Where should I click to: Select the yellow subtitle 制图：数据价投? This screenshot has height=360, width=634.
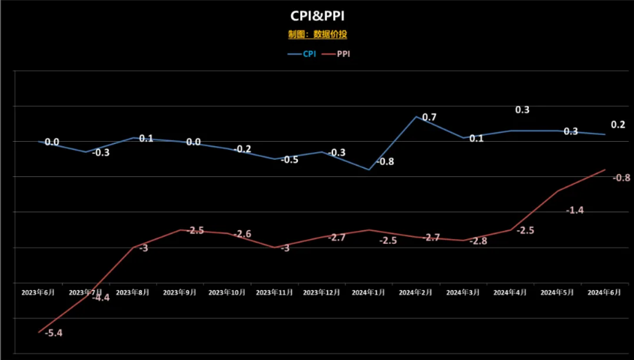coord(317,34)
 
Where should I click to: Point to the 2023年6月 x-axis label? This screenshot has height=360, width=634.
coord(39,292)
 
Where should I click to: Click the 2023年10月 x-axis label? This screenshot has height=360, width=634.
coord(228,292)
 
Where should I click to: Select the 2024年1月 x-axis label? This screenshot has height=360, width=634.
coord(369,292)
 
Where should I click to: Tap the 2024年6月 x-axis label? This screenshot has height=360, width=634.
coord(605,292)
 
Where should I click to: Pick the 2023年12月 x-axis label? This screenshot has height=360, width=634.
coord(323,292)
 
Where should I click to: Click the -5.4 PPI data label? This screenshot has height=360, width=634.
coord(53,332)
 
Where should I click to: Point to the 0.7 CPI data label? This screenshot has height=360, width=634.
coord(429,118)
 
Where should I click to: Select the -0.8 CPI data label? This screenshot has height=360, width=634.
coord(385,161)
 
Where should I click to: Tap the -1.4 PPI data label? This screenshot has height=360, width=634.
coord(575,211)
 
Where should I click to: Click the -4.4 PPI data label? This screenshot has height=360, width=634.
coord(100,298)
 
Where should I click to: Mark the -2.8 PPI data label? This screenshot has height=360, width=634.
coord(477,241)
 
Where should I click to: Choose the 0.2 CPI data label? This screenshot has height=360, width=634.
coord(618,124)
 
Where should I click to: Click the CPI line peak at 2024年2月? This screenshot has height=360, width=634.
coord(416,116)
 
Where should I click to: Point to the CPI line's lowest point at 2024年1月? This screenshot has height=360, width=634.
coord(369,169)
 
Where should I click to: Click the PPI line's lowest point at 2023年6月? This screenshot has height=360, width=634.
coord(39,331)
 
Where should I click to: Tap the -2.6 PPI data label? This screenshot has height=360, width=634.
coord(242,235)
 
